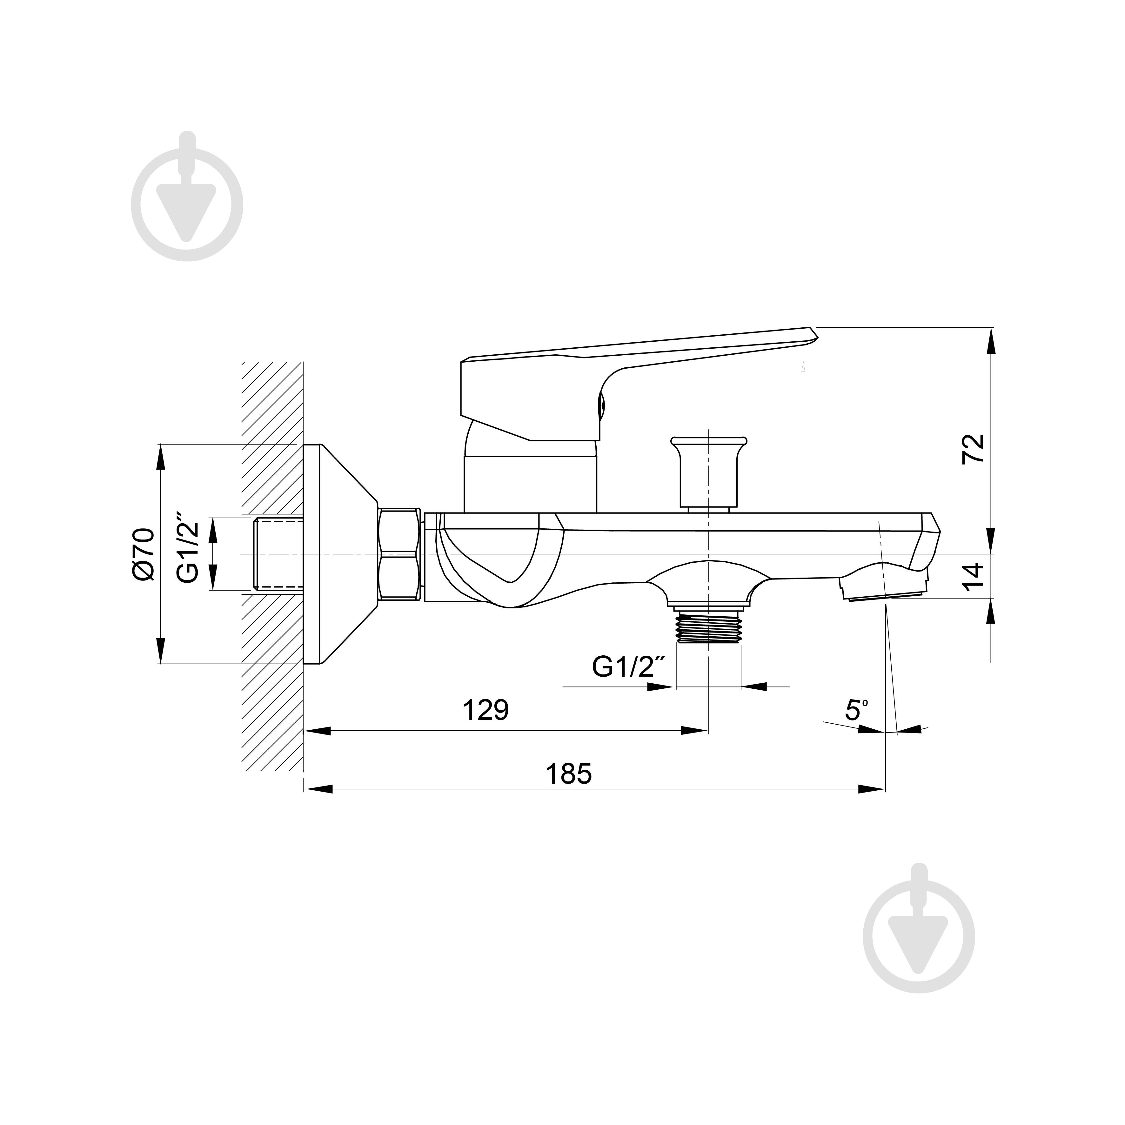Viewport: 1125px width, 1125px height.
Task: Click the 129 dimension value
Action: (x=485, y=710)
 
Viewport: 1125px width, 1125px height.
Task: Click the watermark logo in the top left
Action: (x=187, y=204)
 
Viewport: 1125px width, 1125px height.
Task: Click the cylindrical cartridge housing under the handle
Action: (x=530, y=483)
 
